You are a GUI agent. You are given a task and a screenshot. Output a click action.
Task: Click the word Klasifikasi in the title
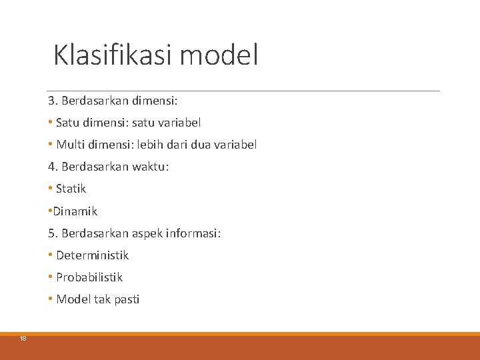tap(113, 55)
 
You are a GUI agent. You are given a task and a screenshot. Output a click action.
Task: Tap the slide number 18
tap(23, 339)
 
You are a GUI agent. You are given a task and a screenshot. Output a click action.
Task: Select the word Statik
tap(71, 189)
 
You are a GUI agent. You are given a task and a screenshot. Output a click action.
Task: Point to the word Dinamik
tap(75, 211)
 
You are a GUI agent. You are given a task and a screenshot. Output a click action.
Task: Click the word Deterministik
tap(92, 255)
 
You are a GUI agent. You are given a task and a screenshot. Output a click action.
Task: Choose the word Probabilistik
tap(89, 277)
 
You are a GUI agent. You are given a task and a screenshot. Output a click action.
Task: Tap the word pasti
tap(127, 299)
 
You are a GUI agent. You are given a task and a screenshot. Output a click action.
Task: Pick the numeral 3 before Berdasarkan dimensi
tap(51, 101)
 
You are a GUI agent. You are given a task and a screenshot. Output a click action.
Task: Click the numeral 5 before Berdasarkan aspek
tap(51, 233)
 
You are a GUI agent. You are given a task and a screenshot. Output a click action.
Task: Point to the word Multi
tap(70, 145)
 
